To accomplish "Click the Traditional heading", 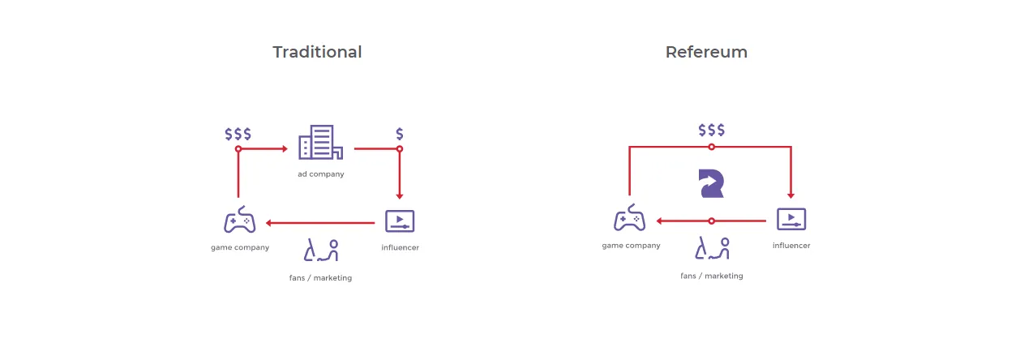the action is coord(317,52).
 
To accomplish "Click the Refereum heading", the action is coord(706,52).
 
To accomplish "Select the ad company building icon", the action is coord(320,142).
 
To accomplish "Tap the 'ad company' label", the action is coord(321,174).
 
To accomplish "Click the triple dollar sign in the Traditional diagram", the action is coord(238,134).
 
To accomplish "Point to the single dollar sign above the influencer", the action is coord(400,134).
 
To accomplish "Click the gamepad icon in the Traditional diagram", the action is coord(239,220).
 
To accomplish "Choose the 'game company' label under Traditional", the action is coord(240,247).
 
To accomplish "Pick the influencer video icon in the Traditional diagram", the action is coord(400,221).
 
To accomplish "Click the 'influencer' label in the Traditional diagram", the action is coord(400,247).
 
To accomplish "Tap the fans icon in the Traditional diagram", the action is coord(321,251).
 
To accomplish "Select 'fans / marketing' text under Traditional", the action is coord(320,277).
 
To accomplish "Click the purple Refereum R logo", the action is coord(711,183).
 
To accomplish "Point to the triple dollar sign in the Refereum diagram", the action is coord(711,131).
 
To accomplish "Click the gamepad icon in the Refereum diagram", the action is coord(629,217).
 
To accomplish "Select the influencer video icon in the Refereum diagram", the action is coord(791,219).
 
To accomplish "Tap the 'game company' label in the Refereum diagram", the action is coord(631,246).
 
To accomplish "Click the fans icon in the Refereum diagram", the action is coord(712,248).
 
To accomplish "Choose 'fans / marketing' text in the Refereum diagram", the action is coord(711,276).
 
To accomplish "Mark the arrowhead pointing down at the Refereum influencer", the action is coord(790,195).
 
